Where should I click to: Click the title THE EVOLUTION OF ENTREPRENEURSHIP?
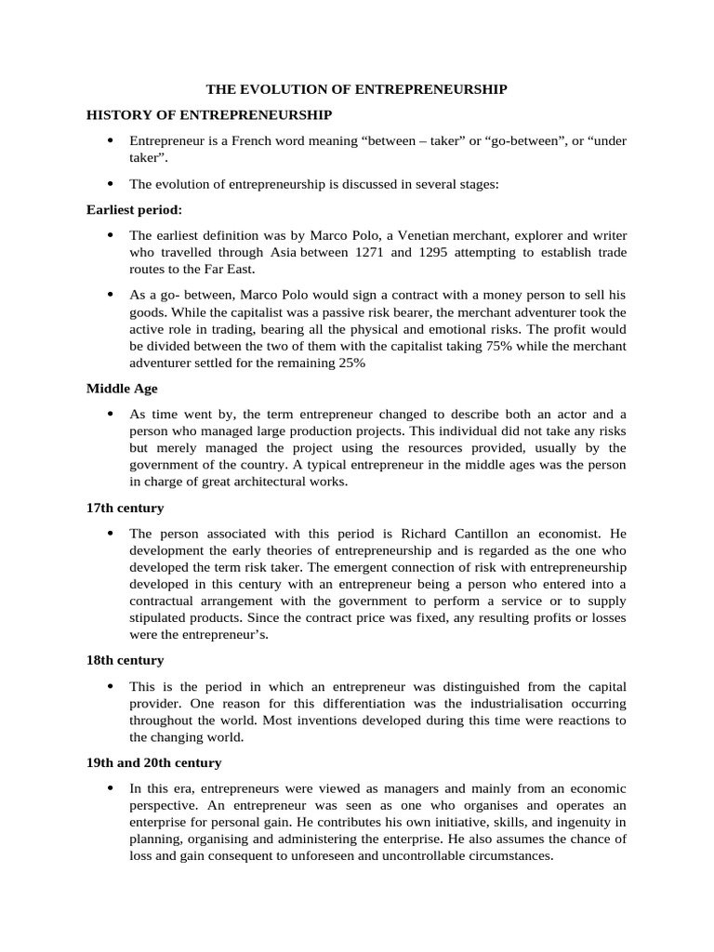(x=356, y=89)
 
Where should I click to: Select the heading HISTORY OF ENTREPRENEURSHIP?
(x=209, y=114)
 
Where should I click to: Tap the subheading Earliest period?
(x=135, y=210)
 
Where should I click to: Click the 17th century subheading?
(x=125, y=509)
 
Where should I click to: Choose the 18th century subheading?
(x=125, y=660)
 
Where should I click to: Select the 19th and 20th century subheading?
(x=153, y=762)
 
